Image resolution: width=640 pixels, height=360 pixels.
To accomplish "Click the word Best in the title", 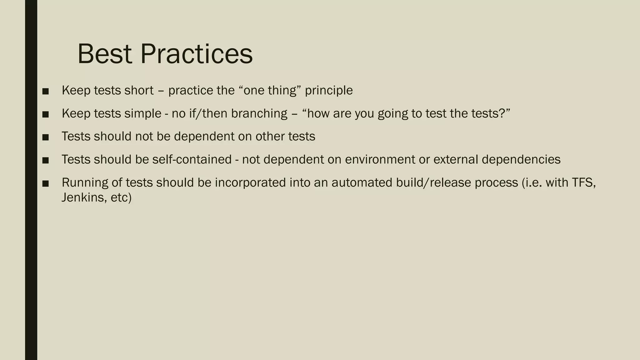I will [x=105, y=54].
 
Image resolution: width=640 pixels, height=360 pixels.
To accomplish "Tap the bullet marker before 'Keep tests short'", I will [x=46, y=91].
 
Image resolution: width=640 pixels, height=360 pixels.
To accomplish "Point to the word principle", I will [x=329, y=91].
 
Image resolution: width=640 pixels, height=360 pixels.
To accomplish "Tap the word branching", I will [x=259, y=114].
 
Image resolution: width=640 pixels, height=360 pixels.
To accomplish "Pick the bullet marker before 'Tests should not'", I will [x=46, y=137].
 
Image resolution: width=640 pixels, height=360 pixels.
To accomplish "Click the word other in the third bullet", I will [x=270, y=137].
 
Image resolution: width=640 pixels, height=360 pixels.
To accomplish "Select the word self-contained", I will [x=192, y=160].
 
